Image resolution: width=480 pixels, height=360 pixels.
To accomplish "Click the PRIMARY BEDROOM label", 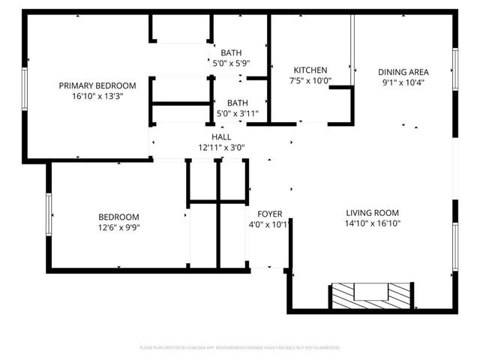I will (x=97, y=85).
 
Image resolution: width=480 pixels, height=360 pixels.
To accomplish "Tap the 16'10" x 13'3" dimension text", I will (x=97, y=96).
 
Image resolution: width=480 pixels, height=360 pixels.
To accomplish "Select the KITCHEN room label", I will (x=310, y=70).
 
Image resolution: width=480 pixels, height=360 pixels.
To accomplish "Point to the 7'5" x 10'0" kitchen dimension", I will (x=310, y=81).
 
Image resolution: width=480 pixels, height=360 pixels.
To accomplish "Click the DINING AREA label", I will (x=403, y=72).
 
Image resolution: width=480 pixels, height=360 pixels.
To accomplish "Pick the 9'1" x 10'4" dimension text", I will (x=403, y=82).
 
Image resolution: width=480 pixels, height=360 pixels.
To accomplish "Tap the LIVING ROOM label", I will (x=372, y=212).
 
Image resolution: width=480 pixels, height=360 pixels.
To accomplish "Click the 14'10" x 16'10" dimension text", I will (x=372, y=223).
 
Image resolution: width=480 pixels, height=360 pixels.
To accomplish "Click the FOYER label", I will (x=269, y=214).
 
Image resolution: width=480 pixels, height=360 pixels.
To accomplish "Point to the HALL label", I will (x=221, y=137).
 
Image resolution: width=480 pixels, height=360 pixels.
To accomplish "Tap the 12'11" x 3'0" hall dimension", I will (x=221, y=148).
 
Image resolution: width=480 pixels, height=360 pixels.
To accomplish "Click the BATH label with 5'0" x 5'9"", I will (x=231, y=52).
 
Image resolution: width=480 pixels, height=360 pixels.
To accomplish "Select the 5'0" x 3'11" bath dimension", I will (x=238, y=113).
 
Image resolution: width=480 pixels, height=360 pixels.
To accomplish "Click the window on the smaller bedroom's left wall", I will (x=49, y=215).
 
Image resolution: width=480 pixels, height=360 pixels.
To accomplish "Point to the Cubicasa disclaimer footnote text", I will (x=240, y=348).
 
